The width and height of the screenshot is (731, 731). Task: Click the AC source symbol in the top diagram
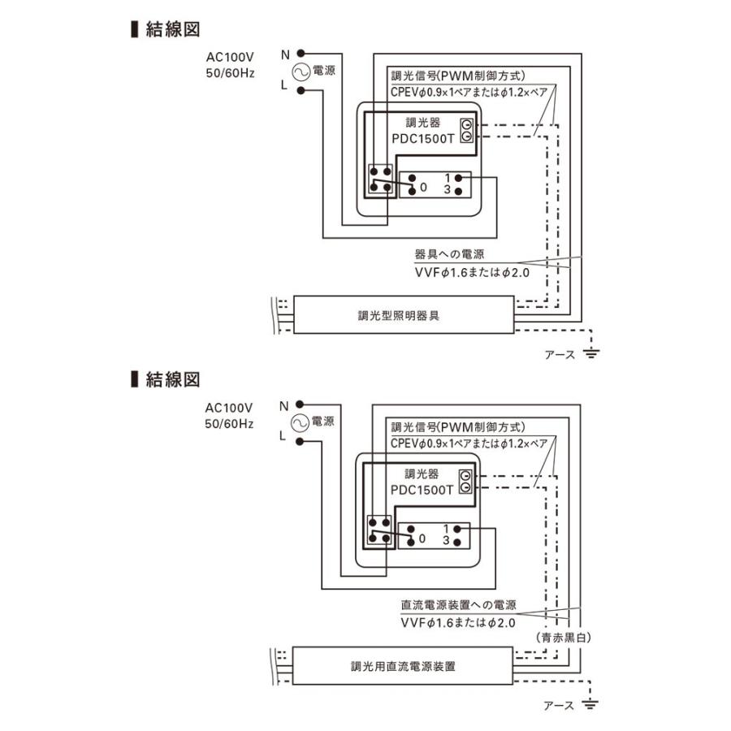tap(301, 71)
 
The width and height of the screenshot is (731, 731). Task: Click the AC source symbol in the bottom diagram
tap(299, 422)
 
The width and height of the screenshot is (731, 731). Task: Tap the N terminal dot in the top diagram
tap(301, 54)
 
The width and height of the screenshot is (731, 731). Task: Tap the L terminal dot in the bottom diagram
tap(300, 441)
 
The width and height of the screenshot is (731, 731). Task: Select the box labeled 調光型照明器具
tap(404, 314)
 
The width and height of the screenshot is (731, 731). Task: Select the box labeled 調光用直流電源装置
tap(403, 666)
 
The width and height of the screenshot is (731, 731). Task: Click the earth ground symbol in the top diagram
tap(591, 353)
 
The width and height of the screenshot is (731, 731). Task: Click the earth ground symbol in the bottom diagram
tap(590, 704)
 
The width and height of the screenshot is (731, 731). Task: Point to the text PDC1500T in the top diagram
tap(423, 139)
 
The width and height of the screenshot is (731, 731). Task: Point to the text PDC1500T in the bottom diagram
tap(422, 490)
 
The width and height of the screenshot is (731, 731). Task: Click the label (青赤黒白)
tap(563, 638)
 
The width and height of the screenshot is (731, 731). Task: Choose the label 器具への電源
tap(449, 254)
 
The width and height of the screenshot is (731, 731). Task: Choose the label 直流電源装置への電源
tap(459, 605)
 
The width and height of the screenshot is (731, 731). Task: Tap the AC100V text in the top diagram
tap(230, 58)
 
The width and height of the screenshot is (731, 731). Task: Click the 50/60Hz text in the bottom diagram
tap(229, 424)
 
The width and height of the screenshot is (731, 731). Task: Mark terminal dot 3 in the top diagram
tap(458, 191)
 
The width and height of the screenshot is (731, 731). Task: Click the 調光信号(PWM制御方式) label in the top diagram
tap(458, 76)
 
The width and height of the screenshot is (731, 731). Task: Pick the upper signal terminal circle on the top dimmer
tap(467, 124)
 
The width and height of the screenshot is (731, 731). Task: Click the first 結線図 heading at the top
tap(166, 29)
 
